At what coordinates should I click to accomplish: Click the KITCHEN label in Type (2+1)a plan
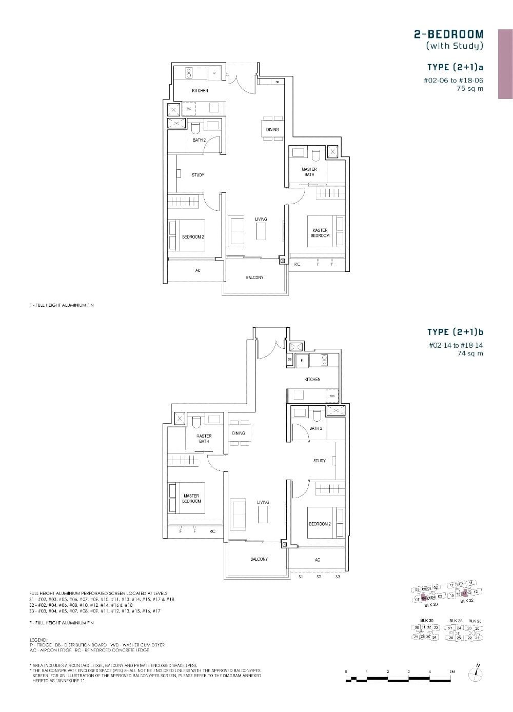click(200, 91)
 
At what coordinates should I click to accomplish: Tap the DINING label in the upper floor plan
click(272, 130)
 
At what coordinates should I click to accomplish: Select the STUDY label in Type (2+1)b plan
click(319, 461)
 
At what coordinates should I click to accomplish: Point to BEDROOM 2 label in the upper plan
click(193, 237)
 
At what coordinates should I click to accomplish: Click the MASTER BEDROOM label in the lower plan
click(191, 499)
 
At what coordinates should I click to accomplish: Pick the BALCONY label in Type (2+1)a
click(254, 278)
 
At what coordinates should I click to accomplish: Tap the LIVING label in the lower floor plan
click(263, 502)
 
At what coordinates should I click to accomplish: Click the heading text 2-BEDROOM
click(448, 34)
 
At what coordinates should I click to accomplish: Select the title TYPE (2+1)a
click(455, 67)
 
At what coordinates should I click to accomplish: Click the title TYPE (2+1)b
click(455, 332)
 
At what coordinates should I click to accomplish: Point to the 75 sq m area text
click(470, 88)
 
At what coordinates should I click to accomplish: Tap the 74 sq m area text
click(470, 353)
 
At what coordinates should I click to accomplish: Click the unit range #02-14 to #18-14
click(456, 345)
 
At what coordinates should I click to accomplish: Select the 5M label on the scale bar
click(451, 671)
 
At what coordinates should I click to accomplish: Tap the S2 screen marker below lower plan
click(319, 577)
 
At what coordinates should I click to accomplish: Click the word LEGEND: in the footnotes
click(39, 640)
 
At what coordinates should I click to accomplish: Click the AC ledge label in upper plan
click(198, 270)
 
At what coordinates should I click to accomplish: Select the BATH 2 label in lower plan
click(315, 428)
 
